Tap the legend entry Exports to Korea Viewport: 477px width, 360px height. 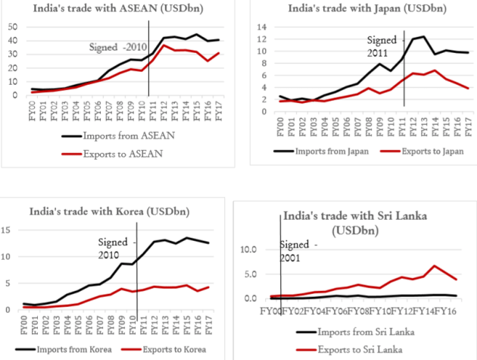coord(171,349)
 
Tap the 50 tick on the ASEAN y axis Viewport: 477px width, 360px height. coord(13,26)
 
